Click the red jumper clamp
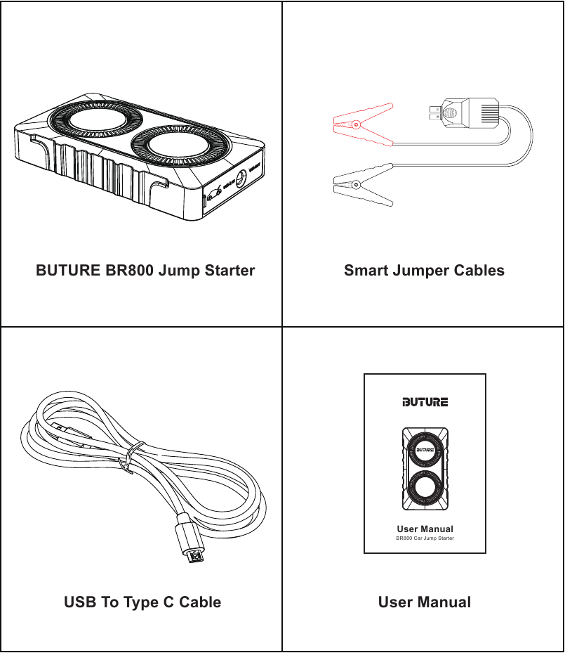361,125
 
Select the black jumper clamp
361,185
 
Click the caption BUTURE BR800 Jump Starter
145,271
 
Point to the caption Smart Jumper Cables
424,271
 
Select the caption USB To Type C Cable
142,602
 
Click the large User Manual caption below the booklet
425,602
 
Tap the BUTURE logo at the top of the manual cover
425,402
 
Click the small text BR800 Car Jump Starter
425,538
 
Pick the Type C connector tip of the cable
194,556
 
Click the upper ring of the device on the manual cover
425,449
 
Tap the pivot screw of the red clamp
357,127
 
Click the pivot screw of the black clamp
357,185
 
